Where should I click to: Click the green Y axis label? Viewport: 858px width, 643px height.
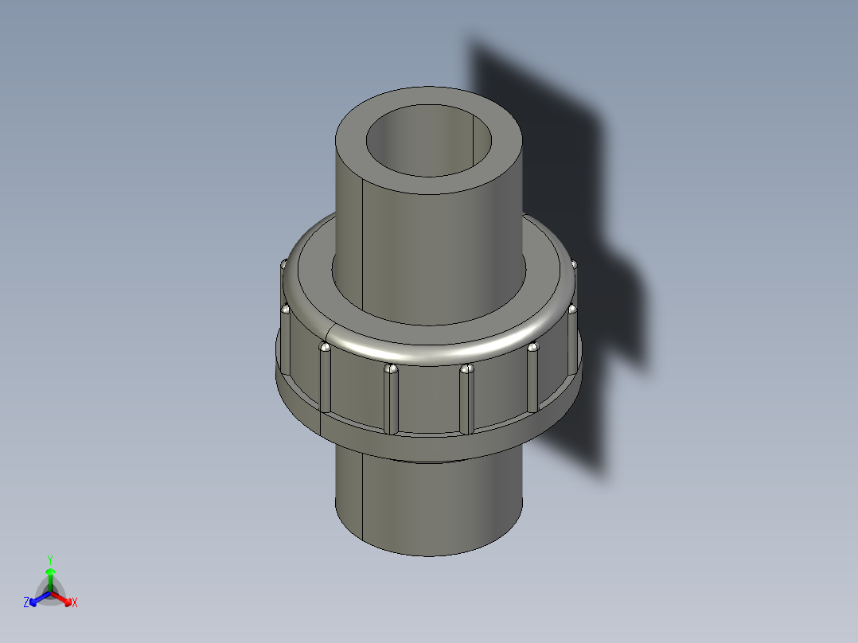coord(50,559)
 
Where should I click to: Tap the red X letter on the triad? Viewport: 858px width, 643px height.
coord(74,603)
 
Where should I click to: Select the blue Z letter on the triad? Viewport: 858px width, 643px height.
coord(26,602)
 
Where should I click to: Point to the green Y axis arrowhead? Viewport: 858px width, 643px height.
coord(50,571)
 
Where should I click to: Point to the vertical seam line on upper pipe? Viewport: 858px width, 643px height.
coord(363,239)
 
